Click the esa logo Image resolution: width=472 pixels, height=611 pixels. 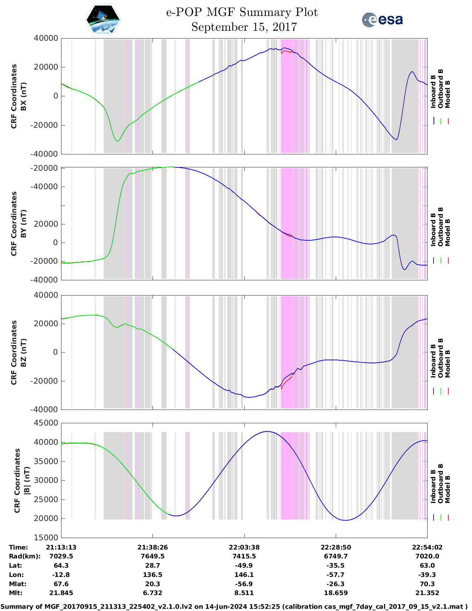pyautogui.click(x=382, y=20)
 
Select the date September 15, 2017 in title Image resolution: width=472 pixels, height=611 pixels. pyautogui.click(x=244, y=27)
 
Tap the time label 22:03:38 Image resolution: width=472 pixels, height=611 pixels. pyautogui.click(x=244, y=547)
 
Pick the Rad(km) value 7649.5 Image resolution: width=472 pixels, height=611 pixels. pyautogui.click(x=153, y=556)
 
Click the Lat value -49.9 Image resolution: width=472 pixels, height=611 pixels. pyautogui.click(x=244, y=565)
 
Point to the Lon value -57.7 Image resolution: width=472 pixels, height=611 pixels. pyautogui.click(x=336, y=575)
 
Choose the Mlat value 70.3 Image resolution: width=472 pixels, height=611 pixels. pyautogui.click(x=427, y=584)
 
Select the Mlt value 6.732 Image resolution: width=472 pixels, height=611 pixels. pyautogui.click(x=153, y=593)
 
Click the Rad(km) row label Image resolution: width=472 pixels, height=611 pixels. pyautogui.click(x=24, y=556)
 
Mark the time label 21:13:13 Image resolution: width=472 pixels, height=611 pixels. pyautogui.click(x=61, y=547)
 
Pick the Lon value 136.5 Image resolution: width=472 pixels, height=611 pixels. pyautogui.click(x=153, y=575)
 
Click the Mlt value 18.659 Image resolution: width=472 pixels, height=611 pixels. pyautogui.click(x=336, y=593)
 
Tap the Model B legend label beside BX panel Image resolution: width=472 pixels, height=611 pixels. pyautogui.click(x=448, y=94)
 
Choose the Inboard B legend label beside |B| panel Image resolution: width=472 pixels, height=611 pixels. pyautogui.click(x=433, y=486)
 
